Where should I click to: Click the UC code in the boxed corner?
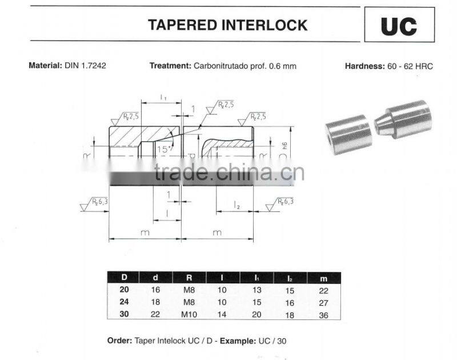399,26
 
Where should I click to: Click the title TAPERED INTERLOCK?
227,25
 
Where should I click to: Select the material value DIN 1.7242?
85,66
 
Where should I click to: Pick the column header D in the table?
124,278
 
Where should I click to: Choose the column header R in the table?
189,278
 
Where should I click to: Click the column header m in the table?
324,278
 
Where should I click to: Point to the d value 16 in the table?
155,290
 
